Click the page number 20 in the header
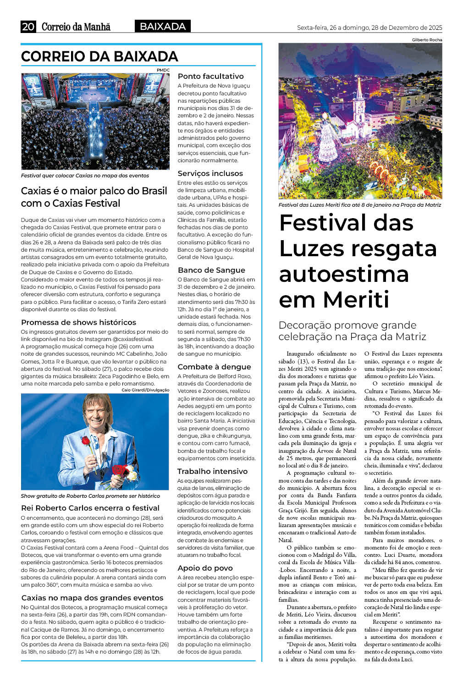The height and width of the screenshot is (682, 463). [28, 27]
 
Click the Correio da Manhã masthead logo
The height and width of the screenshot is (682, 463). [76, 27]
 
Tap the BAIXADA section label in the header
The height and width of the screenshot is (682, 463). [163, 27]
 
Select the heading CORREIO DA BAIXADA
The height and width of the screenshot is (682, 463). [99, 56]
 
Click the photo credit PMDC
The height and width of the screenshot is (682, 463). [163, 70]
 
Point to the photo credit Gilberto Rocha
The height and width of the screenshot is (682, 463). [427, 40]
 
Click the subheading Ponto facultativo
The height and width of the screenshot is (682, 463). [210, 76]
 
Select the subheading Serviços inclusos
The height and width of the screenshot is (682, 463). [210, 173]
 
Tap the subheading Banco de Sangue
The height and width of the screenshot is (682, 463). [211, 270]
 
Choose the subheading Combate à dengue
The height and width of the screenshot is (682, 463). [214, 367]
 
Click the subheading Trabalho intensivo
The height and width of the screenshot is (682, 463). [212, 471]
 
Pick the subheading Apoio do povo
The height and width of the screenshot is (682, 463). [205, 568]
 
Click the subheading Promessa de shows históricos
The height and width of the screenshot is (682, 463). [78, 322]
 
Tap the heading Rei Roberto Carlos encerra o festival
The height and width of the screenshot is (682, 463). [90, 508]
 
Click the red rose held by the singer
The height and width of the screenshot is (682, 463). [85, 441]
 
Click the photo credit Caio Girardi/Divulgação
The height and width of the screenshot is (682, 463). [145, 390]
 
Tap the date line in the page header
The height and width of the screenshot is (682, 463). [369, 27]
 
